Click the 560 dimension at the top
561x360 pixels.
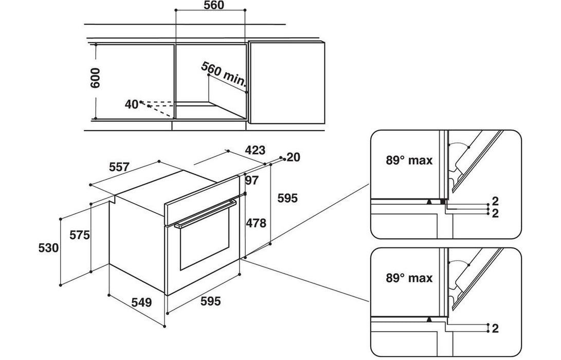210,6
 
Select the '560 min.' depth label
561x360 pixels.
224,74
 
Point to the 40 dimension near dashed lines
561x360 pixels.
131,104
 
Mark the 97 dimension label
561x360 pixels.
251,180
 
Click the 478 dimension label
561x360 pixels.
256,223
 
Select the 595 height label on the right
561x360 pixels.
287,198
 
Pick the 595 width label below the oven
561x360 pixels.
210,301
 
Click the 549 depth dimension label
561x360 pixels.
141,303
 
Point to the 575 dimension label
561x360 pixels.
80,235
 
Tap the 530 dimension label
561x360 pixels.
49,248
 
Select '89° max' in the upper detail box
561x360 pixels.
409,160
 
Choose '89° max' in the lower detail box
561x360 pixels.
409,278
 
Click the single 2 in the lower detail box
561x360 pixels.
495,328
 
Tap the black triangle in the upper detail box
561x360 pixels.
428,202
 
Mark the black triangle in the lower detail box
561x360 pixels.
428,320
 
